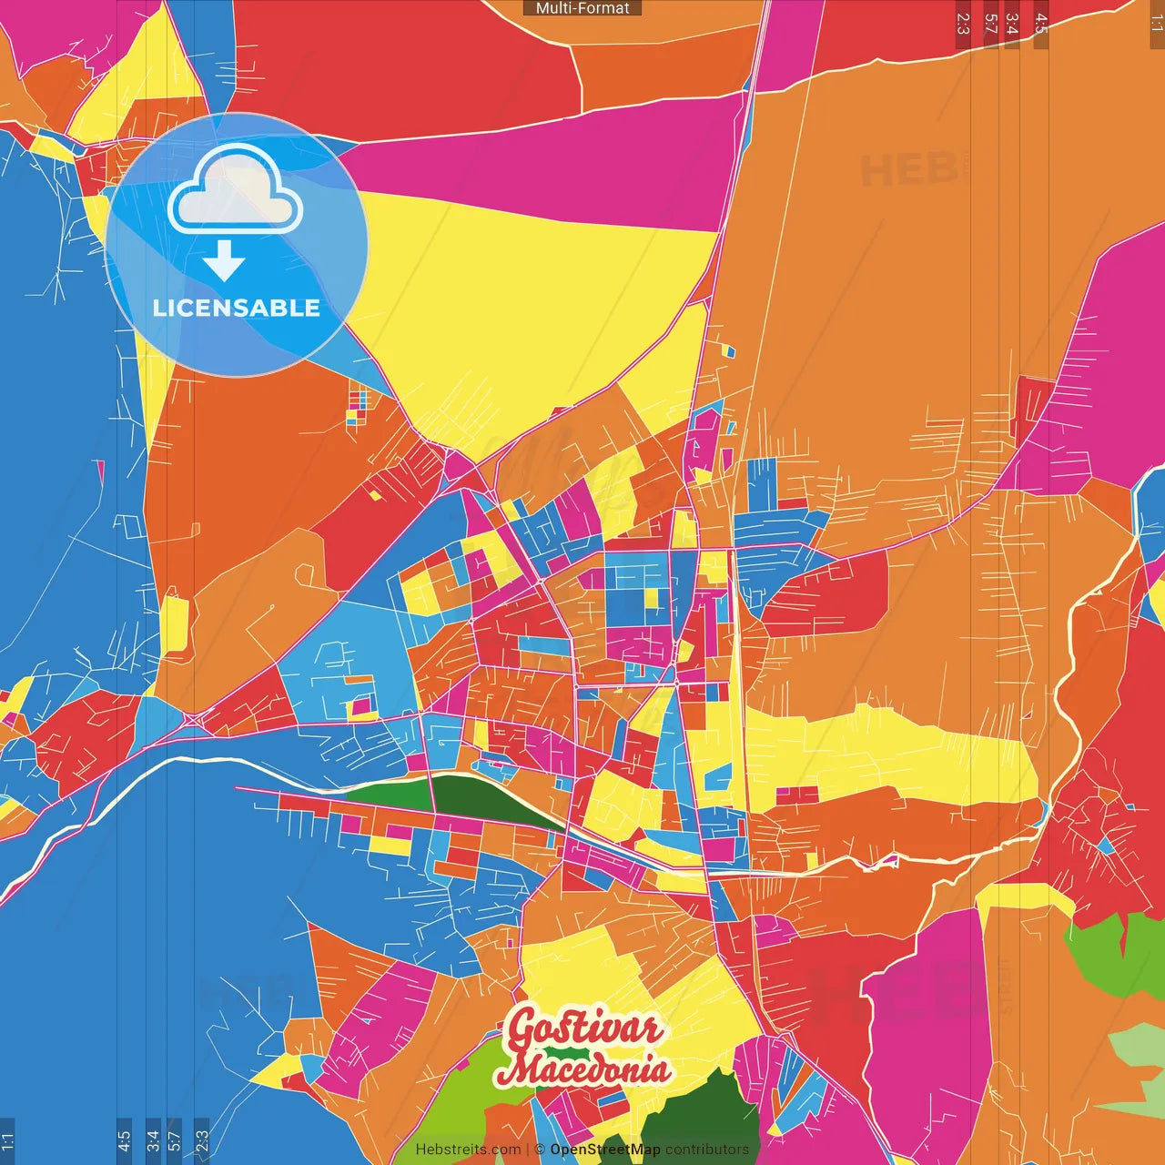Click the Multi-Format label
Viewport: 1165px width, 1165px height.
(582, 8)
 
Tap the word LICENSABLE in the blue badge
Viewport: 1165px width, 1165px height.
(237, 308)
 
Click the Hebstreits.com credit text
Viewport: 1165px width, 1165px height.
(468, 1150)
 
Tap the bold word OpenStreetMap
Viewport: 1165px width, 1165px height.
(604, 1150)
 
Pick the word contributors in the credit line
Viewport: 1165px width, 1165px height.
(707, 1150)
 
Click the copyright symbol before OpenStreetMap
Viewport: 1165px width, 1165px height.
(539, 1150)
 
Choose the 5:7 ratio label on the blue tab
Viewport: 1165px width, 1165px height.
(174, 1140)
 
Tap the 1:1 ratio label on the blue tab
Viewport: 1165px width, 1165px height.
(7, 1140)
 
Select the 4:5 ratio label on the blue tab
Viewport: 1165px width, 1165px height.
(124, 1140)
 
